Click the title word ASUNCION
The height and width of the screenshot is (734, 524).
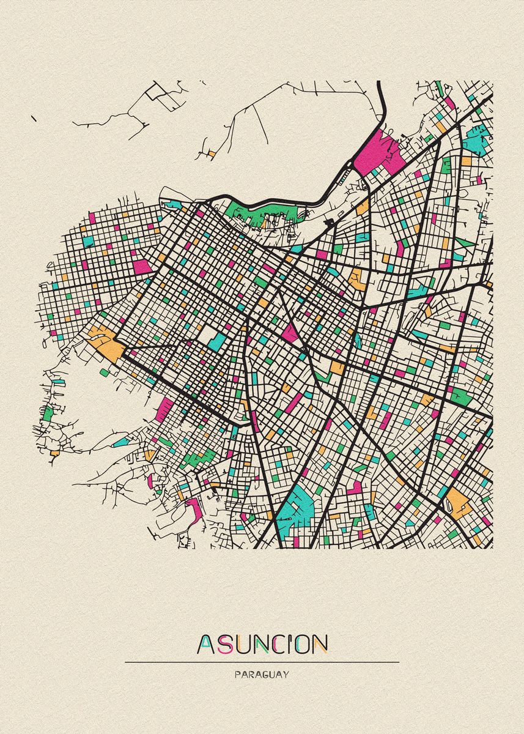[262, 643]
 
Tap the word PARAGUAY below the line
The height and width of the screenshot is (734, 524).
[262, 675]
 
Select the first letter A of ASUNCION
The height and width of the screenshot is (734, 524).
[205, 644]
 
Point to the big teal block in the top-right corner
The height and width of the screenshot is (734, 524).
[477, 138]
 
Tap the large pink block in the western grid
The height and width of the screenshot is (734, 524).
[142, 267]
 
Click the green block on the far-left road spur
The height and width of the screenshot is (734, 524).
[48, 413]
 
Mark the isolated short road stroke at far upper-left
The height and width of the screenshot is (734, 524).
[33, 117]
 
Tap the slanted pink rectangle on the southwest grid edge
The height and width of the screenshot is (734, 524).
[164, 409]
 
